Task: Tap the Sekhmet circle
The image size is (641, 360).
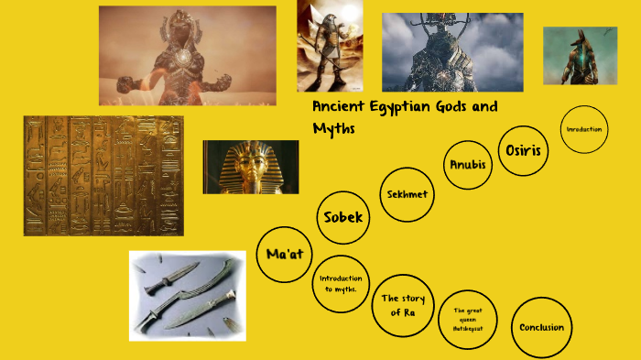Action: (407, 194)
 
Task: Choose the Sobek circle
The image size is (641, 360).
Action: (343, 218)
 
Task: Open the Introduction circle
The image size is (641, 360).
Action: (584, 129)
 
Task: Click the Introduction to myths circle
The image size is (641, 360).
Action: (340, 283)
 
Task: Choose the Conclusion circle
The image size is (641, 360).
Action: (541, 327)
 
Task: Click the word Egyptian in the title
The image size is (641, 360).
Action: (412, 106)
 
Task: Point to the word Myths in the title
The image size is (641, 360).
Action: (333, 128)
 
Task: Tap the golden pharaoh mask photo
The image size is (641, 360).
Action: (250, 167)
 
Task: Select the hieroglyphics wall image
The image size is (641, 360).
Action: (103, 176)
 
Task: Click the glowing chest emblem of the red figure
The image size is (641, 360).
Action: (185, 57)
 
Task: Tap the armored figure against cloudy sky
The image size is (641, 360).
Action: (452, 52)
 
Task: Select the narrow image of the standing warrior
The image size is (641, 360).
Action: (329, 46)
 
